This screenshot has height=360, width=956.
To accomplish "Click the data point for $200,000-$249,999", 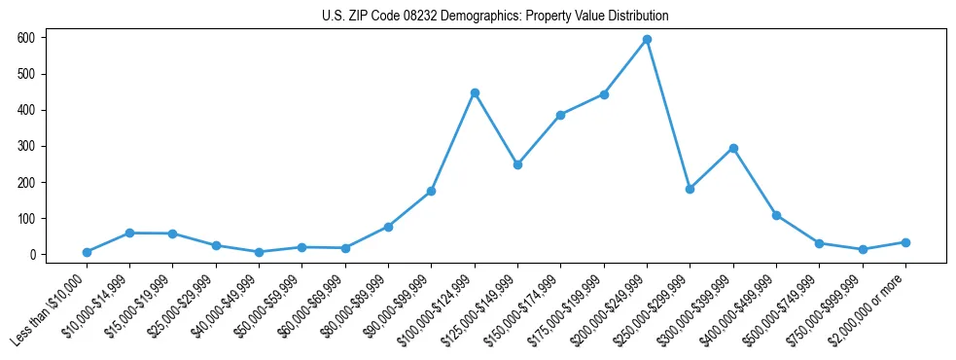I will pyautogui.click(x=647, y=40).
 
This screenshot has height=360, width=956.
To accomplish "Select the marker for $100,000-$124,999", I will pyautogui.click(x=475, y=92).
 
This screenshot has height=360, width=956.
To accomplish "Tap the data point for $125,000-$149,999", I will pyautogui.click(x=517, y=164).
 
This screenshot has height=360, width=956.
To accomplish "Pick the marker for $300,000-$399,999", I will pyautogui.click(x=733, y=148).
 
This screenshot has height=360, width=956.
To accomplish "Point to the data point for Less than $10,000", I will pyautogui.click(x=87, y=252).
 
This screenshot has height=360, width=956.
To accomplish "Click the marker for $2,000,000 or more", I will pyautogui.click(x=905, y=242).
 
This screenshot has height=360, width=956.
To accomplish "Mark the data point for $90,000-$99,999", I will pyautogui.click(x=431, y=191).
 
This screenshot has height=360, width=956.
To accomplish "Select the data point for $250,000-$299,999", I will pyautogui.click(x=690, y=189).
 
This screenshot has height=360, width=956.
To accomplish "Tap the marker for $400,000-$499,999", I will pyautogui.click(x=776, y=215).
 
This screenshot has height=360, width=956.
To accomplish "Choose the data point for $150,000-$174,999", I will pyautogui.click(x=560, y=115).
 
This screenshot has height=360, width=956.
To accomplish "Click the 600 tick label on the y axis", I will pyautogui.click(x=26, y=38).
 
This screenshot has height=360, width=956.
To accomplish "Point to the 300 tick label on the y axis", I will pyautogui.click(x=26, y=146).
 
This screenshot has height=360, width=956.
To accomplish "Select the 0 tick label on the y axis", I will pyautogui.click(x=33, y=255).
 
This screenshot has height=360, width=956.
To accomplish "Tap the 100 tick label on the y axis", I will pyautogui.click(x=26, y=219).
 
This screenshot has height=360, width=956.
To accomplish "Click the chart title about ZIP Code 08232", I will pyautogui.click(x=495, y=17).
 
